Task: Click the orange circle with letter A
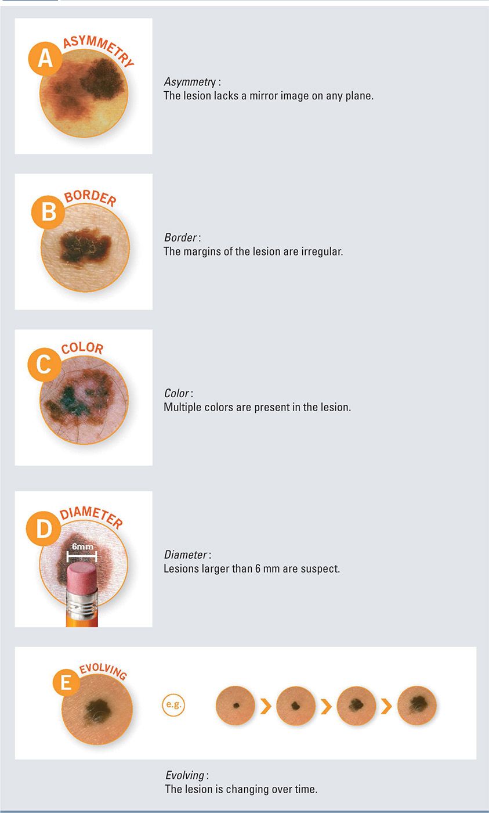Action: click(45, 59)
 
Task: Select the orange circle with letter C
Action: click(44, 365)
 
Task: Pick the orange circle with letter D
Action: click(44, 528)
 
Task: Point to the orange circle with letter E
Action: click(66, 683)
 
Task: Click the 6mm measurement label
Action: click(82, 546)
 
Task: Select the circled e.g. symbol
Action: click(173, 704)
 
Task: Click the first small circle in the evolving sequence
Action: click(236, 706)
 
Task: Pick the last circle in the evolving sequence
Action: click(417, 706)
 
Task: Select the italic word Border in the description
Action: click(180, 238)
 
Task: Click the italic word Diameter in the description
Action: click(185, 555)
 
